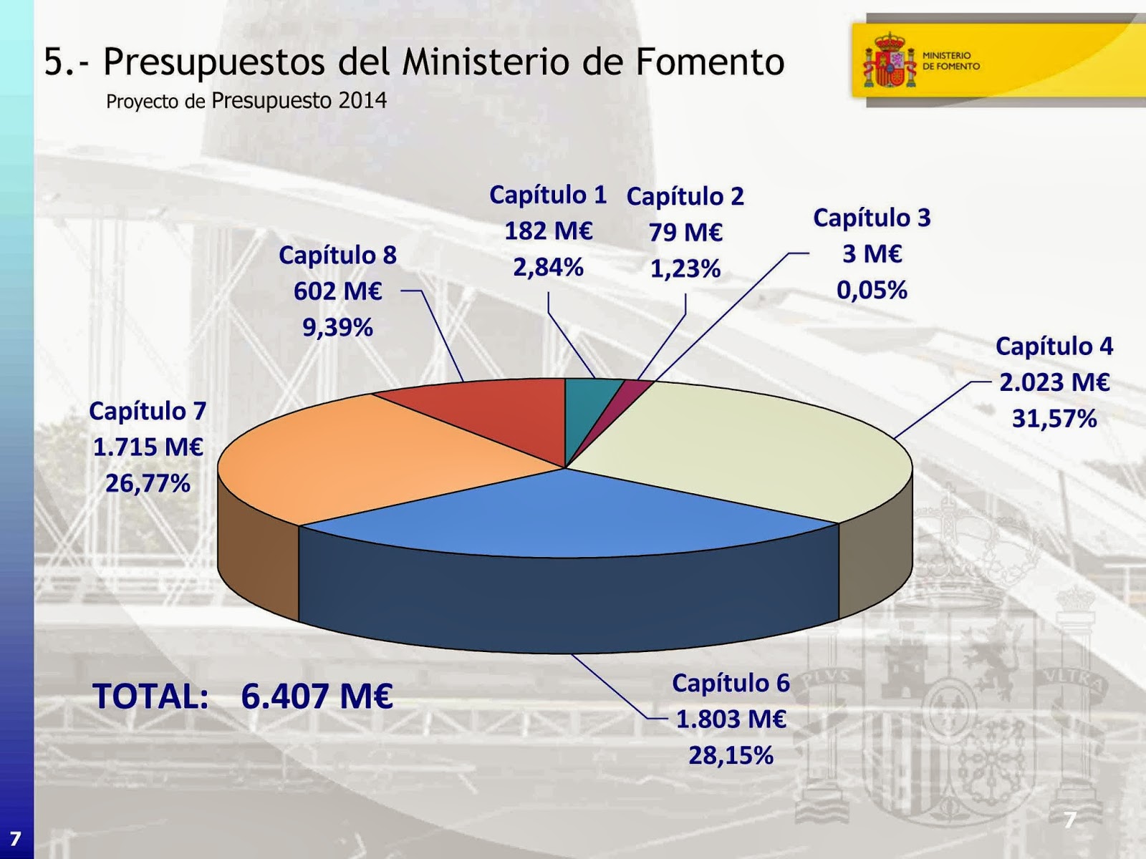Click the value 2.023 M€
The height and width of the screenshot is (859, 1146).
point(1054,382)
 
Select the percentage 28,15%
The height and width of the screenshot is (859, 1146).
point(731,755)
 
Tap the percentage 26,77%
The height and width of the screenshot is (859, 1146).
point(148,484)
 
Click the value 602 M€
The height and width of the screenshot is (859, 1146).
point(337,291)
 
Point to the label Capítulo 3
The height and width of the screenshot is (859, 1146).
point(871,218)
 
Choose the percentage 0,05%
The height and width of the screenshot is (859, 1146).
point(871,290)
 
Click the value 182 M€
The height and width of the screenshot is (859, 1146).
point(548,231)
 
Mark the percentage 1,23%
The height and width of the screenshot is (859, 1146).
point(685,269)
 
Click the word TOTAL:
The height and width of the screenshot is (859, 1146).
point(150,696)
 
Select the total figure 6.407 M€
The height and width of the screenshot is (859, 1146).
point(317,696)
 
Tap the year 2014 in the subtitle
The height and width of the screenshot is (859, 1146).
point(362,100)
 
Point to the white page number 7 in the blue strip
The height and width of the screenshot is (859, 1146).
point(15,838)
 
